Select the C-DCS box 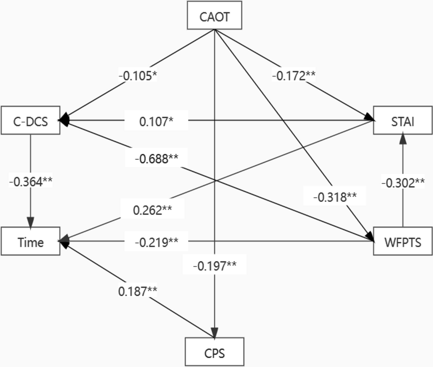30,120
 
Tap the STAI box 403,120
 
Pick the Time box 30,242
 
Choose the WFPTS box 403,242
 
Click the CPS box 215,352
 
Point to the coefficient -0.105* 138,75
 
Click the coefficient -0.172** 294,75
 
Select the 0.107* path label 156,121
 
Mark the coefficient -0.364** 30,181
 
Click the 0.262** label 153,210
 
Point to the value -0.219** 157,242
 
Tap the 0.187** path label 138,291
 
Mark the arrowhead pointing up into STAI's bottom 403,139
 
